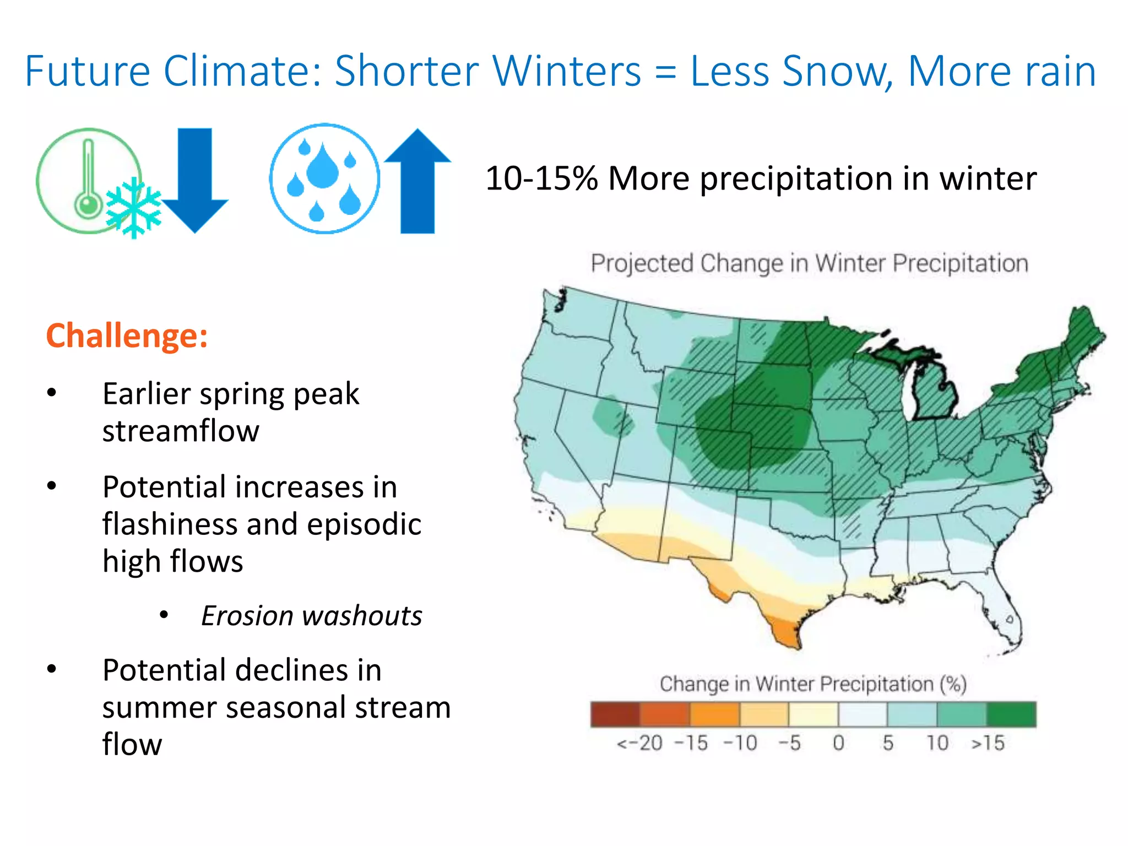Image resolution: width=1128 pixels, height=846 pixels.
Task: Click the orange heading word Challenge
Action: click(127, 335)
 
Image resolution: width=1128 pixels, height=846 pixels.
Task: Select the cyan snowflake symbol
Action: click(134, 208)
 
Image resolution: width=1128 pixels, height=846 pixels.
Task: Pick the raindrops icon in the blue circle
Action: click(324, 178)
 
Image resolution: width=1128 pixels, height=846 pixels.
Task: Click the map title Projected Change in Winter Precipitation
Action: click(809, 263)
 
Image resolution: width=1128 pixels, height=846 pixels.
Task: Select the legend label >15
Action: click(988, 743)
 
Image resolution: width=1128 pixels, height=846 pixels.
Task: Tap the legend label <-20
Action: click(639, 743)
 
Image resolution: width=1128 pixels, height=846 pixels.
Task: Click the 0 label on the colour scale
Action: click(838, 743)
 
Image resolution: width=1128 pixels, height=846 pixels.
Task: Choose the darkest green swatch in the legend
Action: click(1011, 714)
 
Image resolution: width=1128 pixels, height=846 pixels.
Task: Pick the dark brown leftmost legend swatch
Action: click(615, 714)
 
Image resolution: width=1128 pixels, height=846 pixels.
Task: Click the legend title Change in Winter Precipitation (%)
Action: click(813, 684)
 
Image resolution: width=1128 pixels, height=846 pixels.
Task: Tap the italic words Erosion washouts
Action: click(312, 616)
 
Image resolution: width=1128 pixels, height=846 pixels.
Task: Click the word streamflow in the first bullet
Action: click(181, 431)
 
